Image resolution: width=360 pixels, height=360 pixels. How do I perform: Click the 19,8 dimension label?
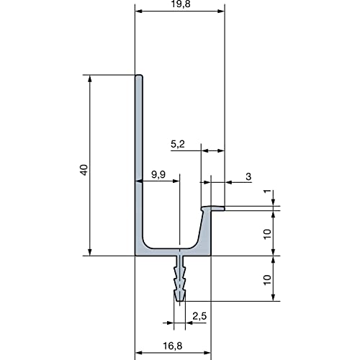(x=181, y=4)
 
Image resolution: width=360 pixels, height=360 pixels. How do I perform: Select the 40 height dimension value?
(x=84, y=170)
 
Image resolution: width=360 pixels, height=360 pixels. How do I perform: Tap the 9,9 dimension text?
(x=158, y=174)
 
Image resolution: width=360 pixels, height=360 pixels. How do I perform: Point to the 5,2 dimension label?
(x=178, y=144)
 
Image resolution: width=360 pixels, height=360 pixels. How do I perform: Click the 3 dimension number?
(x=248, y=176)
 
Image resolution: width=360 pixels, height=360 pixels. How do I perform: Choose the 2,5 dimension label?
(x=199, y=316)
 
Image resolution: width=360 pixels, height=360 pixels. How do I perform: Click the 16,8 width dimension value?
(x=173, y=346)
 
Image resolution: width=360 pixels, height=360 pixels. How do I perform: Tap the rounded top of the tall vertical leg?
(x=139, y=76)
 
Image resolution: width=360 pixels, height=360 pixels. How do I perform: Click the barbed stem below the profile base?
(x=180, y=279)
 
